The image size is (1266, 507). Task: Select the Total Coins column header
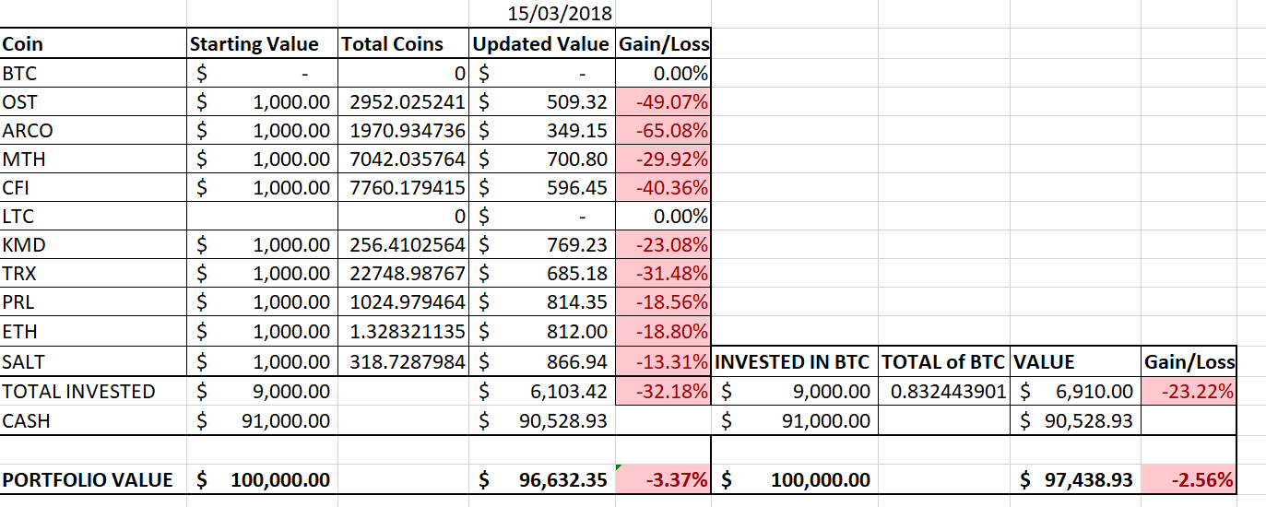pos(392,44)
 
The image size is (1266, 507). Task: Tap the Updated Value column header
pos(541,44)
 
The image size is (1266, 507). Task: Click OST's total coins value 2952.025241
pos(406,101)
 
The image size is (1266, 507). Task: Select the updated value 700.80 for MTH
pos(577,159)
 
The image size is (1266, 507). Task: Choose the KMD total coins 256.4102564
pos(406,245)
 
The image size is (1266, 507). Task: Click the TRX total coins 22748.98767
pos(406,274)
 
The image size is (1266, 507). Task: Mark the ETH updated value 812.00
pos(577,332)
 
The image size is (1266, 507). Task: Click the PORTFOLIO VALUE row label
pos(88,480)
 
